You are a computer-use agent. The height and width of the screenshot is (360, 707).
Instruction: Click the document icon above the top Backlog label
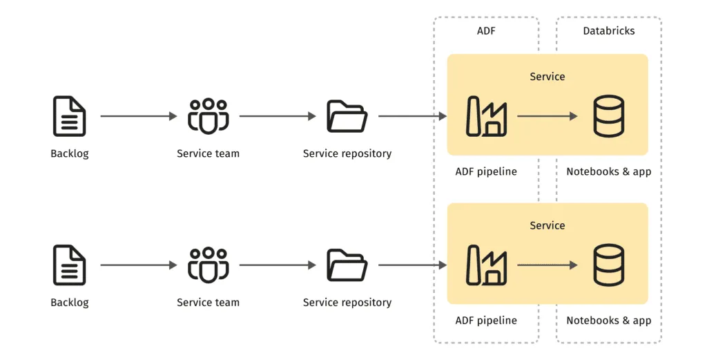(70, 116)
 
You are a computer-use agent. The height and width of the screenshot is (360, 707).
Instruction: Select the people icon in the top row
(208, 116)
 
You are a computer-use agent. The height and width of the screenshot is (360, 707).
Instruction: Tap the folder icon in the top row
(347, 116)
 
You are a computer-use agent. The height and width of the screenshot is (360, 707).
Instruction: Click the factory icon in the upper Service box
(487, 116)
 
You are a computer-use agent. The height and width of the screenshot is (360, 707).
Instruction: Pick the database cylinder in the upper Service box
(608, 116)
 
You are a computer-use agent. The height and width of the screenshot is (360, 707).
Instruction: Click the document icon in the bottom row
(70, 265)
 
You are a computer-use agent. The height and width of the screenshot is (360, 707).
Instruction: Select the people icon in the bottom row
(208, 265)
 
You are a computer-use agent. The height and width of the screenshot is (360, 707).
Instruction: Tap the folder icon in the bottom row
(347, 265)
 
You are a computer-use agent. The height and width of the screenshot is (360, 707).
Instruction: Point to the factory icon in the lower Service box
(487, 265)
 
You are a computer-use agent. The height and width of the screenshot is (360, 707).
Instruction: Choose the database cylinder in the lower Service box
(608, 265)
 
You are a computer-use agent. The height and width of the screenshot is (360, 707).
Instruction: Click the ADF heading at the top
(486, 31)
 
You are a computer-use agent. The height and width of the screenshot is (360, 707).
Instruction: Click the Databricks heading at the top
(608, 31)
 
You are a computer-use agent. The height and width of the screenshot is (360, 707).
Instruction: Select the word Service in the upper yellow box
(547, 77)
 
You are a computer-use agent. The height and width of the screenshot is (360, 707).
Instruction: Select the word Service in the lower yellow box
(547, 226)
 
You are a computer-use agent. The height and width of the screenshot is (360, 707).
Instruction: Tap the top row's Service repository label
(347, 153)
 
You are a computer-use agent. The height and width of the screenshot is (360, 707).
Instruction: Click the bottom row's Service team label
(208, 303)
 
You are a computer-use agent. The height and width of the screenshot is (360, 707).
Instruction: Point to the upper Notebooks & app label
(608, 171)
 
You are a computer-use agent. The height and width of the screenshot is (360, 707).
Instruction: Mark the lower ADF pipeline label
(486, 321)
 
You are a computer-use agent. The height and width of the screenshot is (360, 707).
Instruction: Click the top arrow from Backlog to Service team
(138, 116)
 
